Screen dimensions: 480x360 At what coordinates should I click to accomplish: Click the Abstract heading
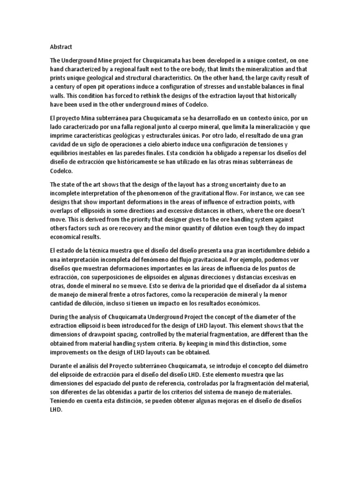pos(61,46)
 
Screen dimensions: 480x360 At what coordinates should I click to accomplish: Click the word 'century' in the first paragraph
pos(67,87)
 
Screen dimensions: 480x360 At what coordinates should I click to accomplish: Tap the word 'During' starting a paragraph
pos(60,316)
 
